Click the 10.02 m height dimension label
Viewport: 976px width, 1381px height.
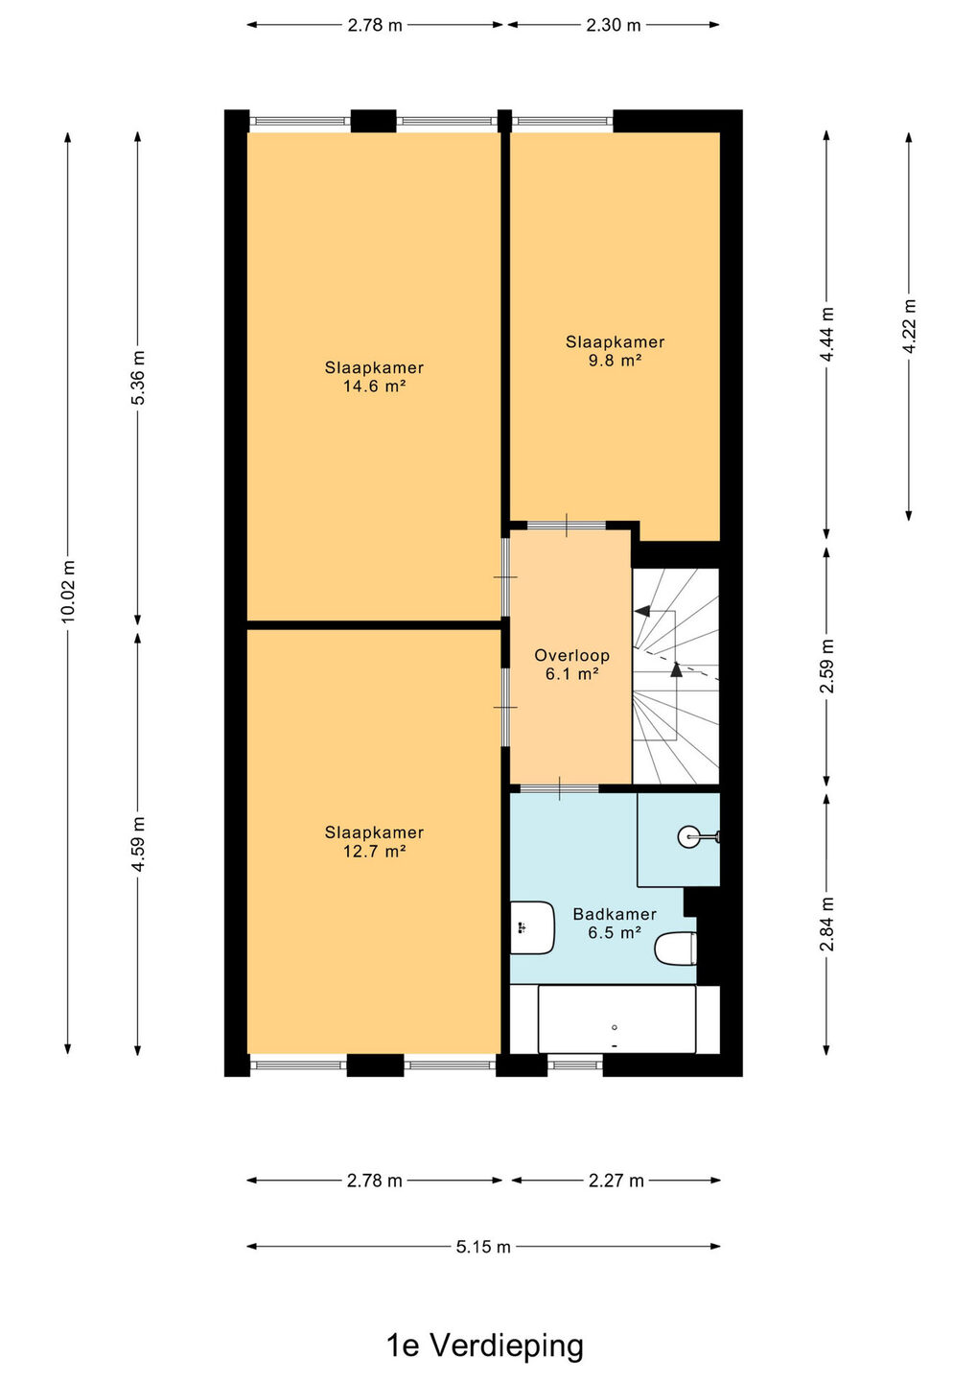click(68, 591)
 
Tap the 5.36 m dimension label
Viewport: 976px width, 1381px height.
click(138, 377)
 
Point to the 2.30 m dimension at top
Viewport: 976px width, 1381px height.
click(613, 25)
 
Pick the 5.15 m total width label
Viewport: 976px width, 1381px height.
click(483, 1247)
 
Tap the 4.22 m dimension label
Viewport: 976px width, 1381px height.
click(909, 325)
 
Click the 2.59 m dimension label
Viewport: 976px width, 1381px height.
click(826, 666)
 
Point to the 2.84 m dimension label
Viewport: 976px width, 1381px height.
click(826, 924)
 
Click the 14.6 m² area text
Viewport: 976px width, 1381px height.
click(375, 386)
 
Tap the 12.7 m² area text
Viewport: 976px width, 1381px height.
click(375, 852)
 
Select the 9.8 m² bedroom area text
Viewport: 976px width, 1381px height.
click(615, 361)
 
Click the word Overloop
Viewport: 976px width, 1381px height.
click(571, 655)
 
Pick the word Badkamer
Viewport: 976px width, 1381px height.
click(615, 914)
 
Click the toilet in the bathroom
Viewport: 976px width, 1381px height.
click(675, 948)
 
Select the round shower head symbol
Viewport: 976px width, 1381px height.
click(689, 836)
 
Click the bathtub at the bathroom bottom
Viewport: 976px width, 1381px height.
click(616, 1019)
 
